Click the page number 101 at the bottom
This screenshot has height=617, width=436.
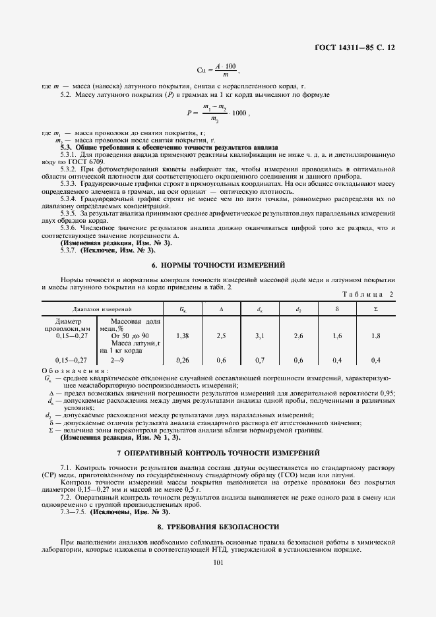tap(218, 562)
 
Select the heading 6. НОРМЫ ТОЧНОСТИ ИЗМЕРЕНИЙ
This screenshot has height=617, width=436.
tap(218, 264)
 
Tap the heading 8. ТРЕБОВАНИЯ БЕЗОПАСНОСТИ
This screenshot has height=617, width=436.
tap(218, 527)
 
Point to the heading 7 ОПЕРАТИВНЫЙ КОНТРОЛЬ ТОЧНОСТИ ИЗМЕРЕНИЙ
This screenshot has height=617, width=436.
tap(218, 454)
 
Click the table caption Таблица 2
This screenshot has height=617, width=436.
tap(369, 294)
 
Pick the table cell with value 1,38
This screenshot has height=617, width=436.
tap(183, 336)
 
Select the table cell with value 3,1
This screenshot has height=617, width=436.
tap(259, 336)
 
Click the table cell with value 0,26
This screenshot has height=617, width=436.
tap(183, 360)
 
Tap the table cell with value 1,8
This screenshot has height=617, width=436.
tap(375, 336)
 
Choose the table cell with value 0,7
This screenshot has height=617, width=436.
tap(259, 360)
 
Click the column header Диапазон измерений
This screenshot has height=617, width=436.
tap(102, 308)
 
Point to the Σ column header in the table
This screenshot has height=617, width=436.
tap(375, 308)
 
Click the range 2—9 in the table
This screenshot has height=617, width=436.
tap(117, 360)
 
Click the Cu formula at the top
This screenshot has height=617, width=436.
tap(218, 70)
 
